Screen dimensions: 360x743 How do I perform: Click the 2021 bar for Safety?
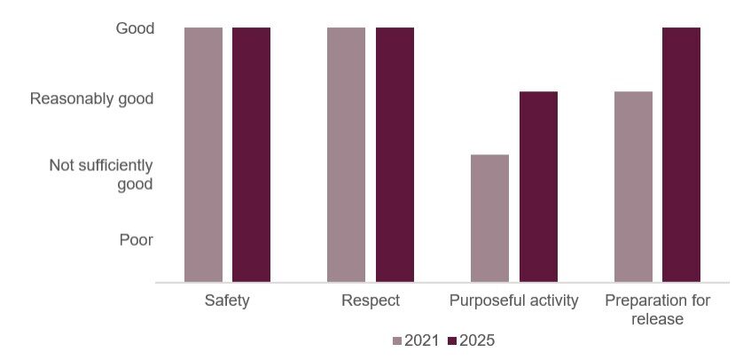(x=203, y=155)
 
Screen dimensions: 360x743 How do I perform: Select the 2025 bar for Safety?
(x=251, y=155)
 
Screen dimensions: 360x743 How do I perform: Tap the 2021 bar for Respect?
(x=346, y=155)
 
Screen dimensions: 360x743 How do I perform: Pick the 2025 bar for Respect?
(x=395, y=155)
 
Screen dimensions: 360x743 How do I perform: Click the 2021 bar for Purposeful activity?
(x=489, y=218)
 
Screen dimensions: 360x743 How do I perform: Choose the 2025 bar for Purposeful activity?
(x=538, y=187)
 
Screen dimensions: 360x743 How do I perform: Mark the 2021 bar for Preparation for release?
(x=633, y=187)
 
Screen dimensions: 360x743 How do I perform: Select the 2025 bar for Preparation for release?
(x=681, y=155)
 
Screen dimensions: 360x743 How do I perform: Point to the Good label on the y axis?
(x=135, y=28)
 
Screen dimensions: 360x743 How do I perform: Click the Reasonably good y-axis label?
(x=92, y=98)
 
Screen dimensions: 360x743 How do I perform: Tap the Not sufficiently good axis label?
(x=101, y=175)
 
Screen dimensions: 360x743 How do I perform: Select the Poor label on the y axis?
(x=137, y=239)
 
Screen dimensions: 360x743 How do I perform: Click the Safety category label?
(x=227, y=301)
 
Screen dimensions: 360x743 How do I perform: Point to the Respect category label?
(x=371, y=301)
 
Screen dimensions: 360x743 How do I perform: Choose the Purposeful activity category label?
(x=514, y=301)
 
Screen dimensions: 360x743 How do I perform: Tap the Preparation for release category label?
(x=657, y=309)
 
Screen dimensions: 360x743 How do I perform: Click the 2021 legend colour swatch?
(x=397, y=340)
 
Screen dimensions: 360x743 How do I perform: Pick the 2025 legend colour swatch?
(x=452, y=340)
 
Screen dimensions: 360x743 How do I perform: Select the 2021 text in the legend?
(x=422, y=340)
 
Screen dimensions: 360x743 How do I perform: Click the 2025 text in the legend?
(x=477, y=340)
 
